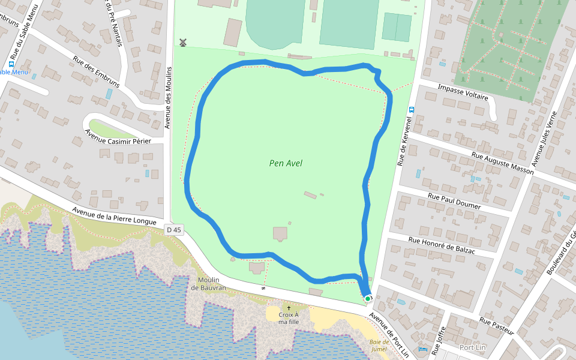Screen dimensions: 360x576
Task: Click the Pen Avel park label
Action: (x=286, y=163)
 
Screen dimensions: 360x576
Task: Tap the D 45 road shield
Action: (x=174, y=229)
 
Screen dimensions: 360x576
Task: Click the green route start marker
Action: (x=368, y=298)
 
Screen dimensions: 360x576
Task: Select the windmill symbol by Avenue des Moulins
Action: (x=183, y=43)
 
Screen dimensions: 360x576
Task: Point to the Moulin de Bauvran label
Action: (x=208, y=284)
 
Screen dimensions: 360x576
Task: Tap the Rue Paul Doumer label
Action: (x=454, y=201)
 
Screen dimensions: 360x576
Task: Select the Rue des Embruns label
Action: (x=96, y=71)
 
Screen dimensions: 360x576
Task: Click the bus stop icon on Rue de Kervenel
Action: (x=412, y=110)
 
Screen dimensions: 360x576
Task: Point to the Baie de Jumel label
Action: (x=377, y=346)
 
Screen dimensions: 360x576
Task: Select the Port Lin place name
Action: (x=472, y=347)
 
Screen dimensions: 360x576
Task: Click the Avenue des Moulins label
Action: (x=169, y=97)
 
